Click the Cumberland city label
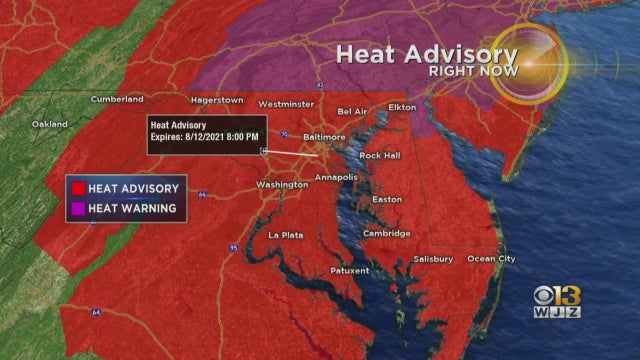click(116, 99)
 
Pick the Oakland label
click(50, 124)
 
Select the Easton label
click(386, 199)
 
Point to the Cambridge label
click(386, 234)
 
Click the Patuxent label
click(350, 270)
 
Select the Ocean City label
click(493, 259)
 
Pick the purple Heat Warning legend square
click(76, 209)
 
